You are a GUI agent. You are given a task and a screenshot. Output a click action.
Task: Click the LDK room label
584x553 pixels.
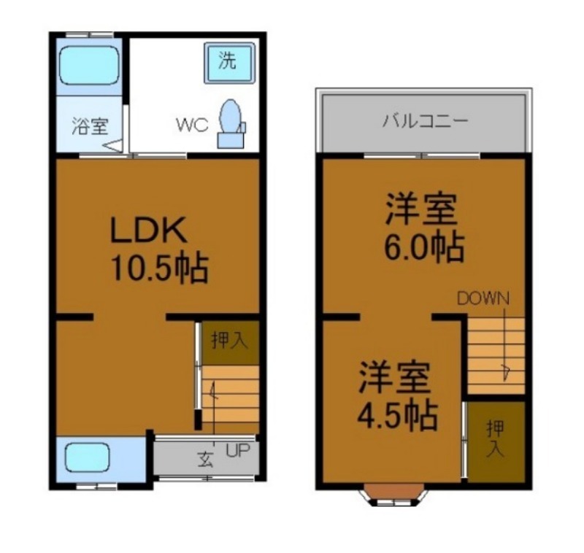pyautogui.click(x=149, y=231)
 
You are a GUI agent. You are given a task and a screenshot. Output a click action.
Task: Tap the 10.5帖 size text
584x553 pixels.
pyautogui.click(x=159, y=268)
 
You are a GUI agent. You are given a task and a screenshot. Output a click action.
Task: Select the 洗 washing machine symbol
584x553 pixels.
pyautogui.click(x=229, y=61)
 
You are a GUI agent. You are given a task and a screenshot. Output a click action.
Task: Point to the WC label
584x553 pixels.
pyautogui.click(x=191, y=124)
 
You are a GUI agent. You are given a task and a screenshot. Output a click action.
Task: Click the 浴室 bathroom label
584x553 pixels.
pyautogui.click(x=90, y=125)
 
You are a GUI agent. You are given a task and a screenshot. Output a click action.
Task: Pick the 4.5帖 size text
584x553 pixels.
pyautogui.click(x=396, y=416)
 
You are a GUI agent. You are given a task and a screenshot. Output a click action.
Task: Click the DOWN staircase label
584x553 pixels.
pyautogui.click(x=483, y=298)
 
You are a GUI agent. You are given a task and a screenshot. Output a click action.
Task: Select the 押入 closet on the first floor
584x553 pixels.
pyautogui.click(x=230, y=341)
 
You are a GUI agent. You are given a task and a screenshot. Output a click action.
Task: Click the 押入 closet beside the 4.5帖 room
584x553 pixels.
pyautogui.click(x=496, y=438)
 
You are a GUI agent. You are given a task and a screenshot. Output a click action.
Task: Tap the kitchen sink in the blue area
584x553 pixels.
pyautogui.click(x=87, y=458)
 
